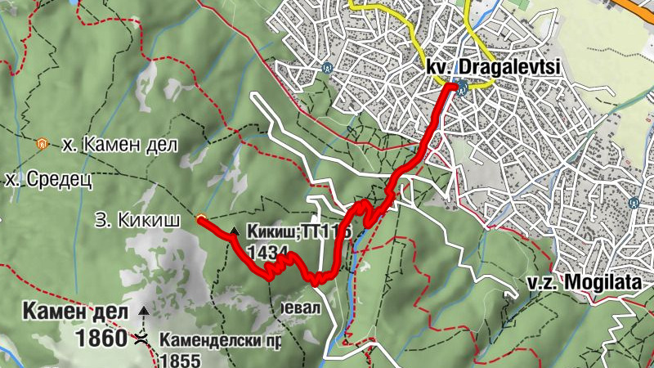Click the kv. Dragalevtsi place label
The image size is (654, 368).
pyautogui.click(x=493, y=68)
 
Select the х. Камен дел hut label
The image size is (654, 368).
pyautogui.click(x=119, y=146)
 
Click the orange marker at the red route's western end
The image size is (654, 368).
pyautogui.click(x=201, y=218)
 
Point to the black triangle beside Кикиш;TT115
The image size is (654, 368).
pyautogui.click(x=235, y=232)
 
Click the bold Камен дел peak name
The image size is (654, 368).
pyautogui.click(x=76, y=312)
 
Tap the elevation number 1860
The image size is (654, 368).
pyautogui.click(x=101, y=337)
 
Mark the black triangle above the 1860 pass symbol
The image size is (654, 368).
pyautogui.click(x=144, y=311)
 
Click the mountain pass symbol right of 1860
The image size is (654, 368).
pyautogui.click(x=142, y=338)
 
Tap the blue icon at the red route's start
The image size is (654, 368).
pyautogui.click(x=463, y=85)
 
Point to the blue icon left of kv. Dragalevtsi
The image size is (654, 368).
pyautogui.click(x=328, y=68)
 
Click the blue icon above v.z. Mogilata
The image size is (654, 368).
pyautogui.click(x=634, y=201)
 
